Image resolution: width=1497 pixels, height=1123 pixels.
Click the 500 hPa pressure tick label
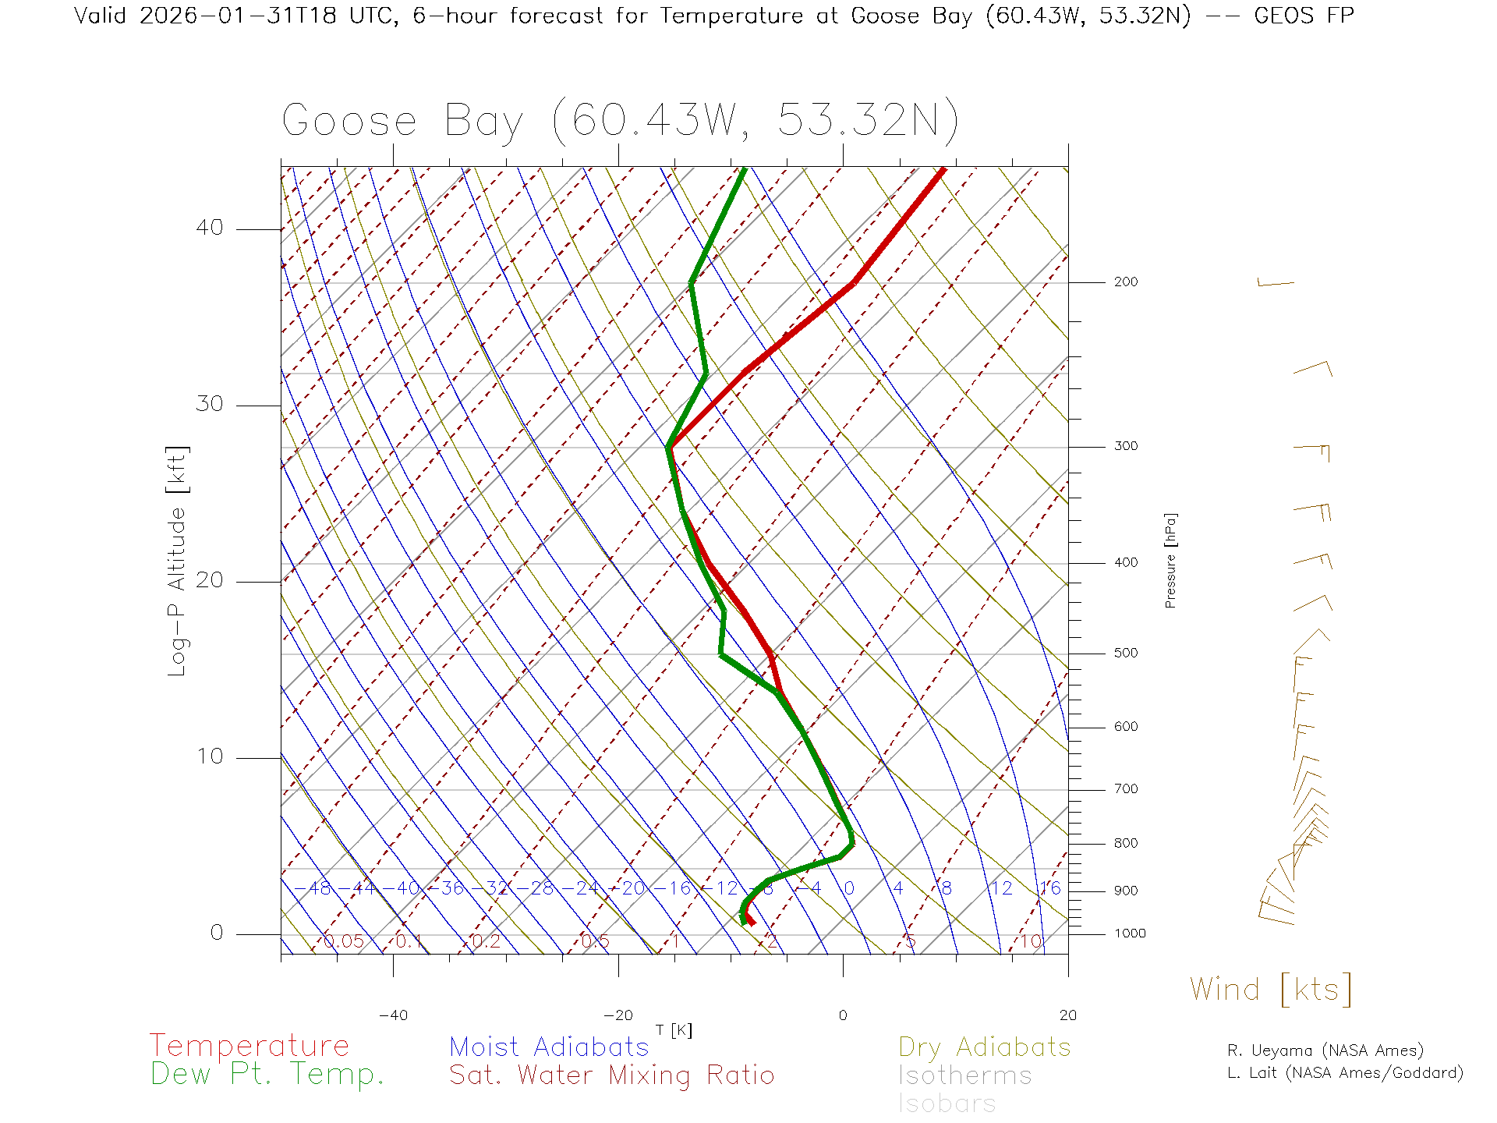(1125, 653)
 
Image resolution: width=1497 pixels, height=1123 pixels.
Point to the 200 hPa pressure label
(1125, 282)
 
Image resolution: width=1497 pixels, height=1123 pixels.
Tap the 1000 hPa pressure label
(1130, 933)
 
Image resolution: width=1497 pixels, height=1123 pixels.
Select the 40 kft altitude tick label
(209, 228)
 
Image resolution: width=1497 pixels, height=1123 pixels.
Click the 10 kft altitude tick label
(209, 756)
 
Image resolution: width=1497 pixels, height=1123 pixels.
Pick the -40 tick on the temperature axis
(393, 1015)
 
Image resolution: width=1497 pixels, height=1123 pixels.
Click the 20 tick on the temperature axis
(1067, 1015)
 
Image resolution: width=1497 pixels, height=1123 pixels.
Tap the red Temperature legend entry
(249, 1045)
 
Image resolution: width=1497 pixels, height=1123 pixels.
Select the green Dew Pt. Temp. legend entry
(267, 1075)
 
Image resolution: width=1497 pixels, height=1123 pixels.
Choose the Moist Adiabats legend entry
(549, 1047)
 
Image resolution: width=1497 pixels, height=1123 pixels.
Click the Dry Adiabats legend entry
(985, 1047)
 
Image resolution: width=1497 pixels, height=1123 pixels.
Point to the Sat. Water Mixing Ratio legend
(611, 1075)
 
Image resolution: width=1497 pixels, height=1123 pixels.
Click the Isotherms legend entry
(964, 1075)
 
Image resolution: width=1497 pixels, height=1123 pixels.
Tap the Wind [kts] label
(1270, 989)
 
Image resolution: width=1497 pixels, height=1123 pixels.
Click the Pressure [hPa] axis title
(1170, 560)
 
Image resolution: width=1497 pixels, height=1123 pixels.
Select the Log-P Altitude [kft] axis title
(178, 560)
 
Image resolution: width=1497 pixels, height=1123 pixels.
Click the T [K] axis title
(674, 1030)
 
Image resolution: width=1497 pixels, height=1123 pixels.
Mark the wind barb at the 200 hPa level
(1275, 283)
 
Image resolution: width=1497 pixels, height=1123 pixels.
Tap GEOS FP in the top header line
(1304, 16)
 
